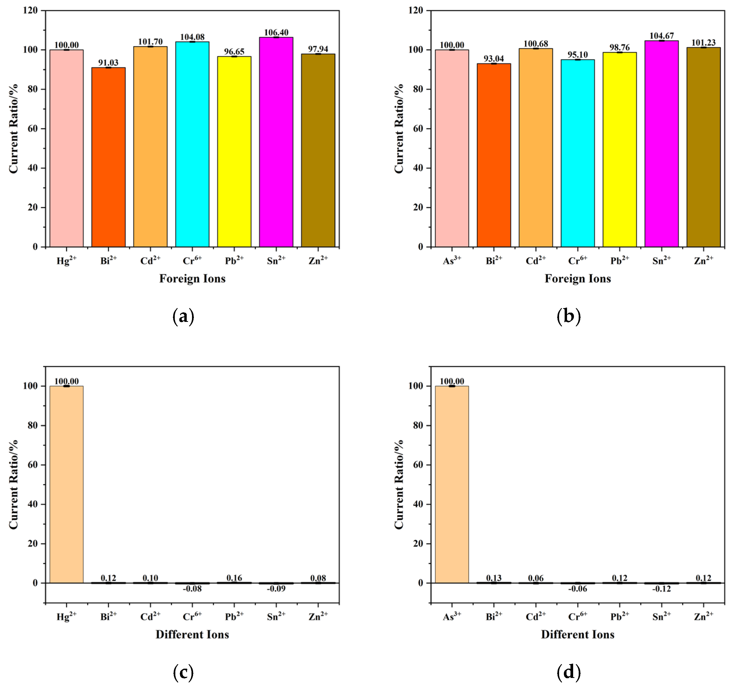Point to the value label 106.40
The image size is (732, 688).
[x=276, y=32]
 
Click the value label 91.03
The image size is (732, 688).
[x=108, y=63]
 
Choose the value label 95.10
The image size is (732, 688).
[x=577, y=55]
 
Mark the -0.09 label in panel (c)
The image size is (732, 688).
[x=276, y=589]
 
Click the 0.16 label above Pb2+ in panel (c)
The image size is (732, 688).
[x=234, y=578]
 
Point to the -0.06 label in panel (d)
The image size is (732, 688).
[x=577, y=589]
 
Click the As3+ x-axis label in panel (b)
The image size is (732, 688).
[x=452, y=260]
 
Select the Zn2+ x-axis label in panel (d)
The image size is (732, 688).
[x=703, y=616]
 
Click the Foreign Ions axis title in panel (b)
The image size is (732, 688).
[x=577, y=279]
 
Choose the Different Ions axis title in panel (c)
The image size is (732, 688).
[x=192, y=634]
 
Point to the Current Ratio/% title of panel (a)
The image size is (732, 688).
[x=14, y=129]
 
